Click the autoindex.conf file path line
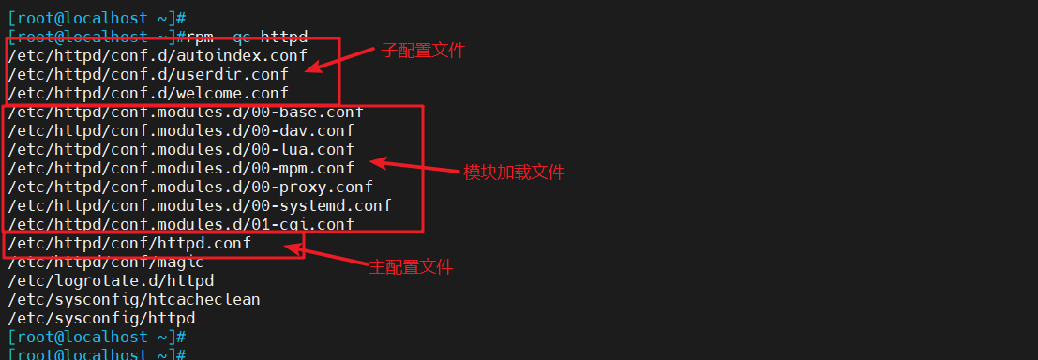point(158,55)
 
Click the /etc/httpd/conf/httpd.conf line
point(129,244)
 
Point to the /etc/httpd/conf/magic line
point(106,262)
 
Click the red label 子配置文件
point(423,51)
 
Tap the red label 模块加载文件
point(515,172)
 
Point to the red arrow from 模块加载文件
point(413,167)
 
